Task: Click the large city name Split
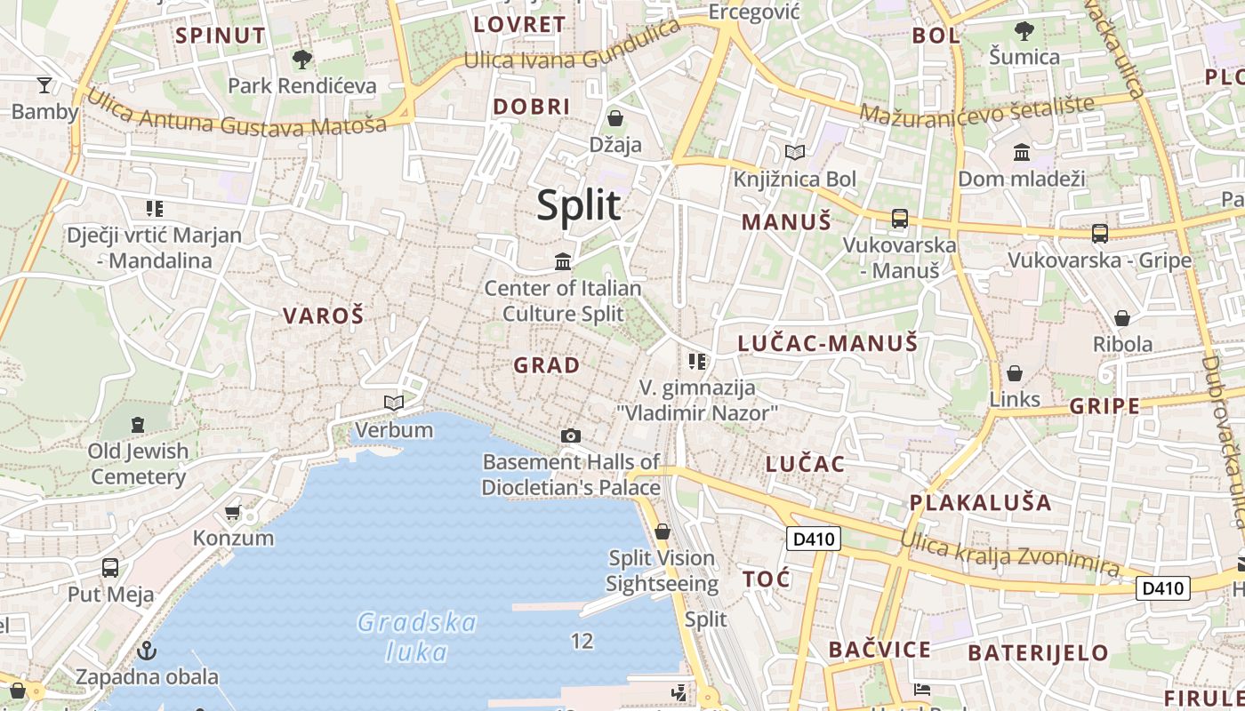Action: pos(579,205)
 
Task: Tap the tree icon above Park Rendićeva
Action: pos(302,60)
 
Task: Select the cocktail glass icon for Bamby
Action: pos(44,85)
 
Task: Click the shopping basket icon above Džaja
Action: pos(614,118)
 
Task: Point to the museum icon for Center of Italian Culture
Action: pos(563,261)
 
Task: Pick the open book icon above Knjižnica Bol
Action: pos(794,153)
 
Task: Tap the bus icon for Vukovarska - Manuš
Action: pos(899,219)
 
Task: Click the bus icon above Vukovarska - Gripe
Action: pos(1100,234)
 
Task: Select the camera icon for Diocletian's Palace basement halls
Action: pos(571,435)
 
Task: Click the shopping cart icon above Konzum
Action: pos(233,512)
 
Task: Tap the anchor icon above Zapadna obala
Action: pos(147,651)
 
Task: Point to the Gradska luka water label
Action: pos(417,636)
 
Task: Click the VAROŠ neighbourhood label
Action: pos(324,316)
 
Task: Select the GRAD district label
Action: pos(546,365)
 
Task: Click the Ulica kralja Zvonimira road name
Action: pos(1009,552)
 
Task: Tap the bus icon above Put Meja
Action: pos(110,567)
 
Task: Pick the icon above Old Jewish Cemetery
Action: pos(138,425)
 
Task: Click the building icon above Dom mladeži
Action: pos(1022,153)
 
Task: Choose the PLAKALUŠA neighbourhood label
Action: pos(980,503)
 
